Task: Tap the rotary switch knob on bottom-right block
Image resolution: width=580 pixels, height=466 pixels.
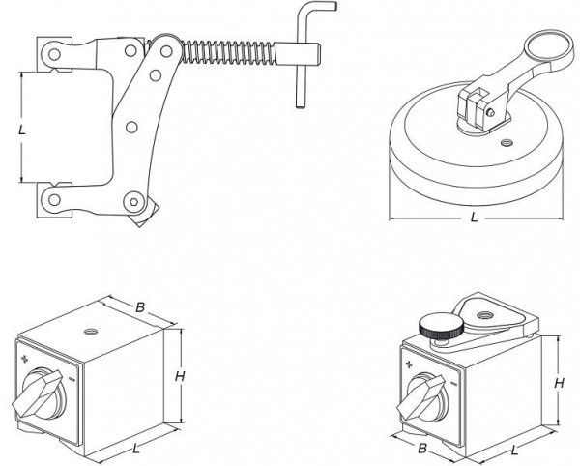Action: tap(426, 393)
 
